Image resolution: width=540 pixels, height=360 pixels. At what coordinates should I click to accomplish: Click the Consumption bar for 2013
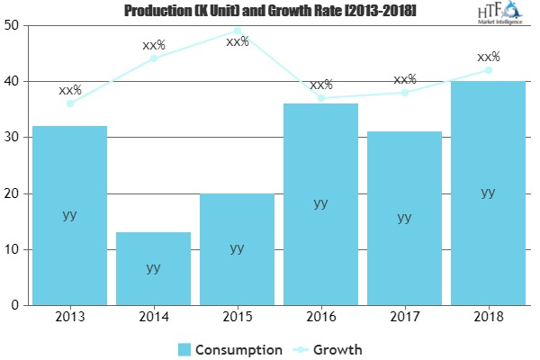[69, 216]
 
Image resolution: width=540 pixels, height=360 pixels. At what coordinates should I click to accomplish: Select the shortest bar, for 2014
[153, 269]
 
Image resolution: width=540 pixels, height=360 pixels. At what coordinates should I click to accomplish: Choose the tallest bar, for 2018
[488, 193]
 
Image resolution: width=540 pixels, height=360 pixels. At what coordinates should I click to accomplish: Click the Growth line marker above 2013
[69, 103]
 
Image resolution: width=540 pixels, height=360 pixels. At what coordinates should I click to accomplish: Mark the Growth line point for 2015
[237, 31]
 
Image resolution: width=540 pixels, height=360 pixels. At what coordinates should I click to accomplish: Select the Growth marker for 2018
[488, 70]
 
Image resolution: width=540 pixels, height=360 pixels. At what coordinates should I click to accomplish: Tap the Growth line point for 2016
[320, 98]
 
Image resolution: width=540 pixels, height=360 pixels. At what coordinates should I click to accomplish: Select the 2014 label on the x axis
[153, 318]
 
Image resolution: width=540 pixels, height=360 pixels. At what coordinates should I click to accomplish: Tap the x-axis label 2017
[404, 318]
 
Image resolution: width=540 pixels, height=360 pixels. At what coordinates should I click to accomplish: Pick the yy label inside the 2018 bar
[488, 192]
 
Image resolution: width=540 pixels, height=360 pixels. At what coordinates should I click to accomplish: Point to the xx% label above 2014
[153, 44]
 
